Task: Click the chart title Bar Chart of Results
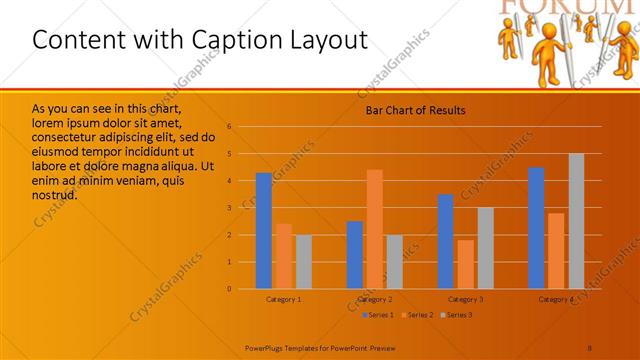(414, 110)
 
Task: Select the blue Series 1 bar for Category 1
(264, 231)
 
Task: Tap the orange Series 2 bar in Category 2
(374, 229)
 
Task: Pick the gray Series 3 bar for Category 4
(576, 221)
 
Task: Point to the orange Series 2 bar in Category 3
(465, 264)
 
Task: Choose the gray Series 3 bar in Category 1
(303, 262)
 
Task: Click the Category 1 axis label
(284, 299)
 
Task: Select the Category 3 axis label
(465, 299)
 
